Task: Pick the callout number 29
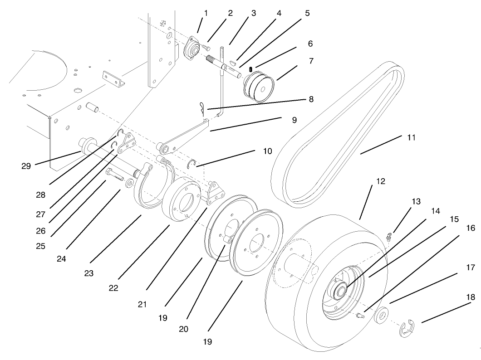point(26,165)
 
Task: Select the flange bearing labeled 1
point(194,51)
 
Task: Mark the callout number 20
point(183,329)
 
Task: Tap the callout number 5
point(307,14)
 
